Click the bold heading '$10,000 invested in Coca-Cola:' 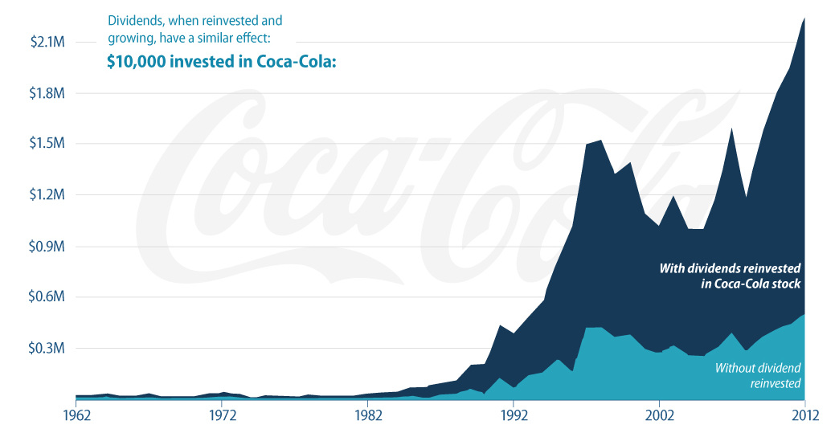tap(220, 63)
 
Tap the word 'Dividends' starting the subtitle tap(134, 19)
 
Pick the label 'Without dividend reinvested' tap(758, 375)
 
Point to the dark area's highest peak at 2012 tap(804, 18)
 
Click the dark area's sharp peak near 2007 tap(731, 128)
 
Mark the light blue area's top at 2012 tap(804, 315)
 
